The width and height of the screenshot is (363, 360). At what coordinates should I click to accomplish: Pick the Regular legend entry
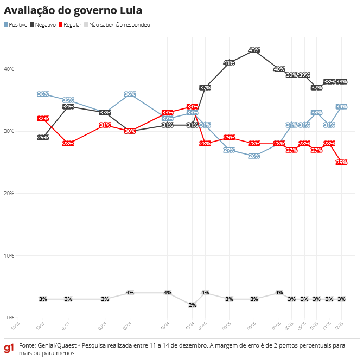point(73,25)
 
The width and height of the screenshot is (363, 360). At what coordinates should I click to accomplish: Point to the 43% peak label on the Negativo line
point(254,50)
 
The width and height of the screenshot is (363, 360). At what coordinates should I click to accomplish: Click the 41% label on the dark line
point(229,63)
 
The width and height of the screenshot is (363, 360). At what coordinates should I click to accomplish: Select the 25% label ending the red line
point(341,162)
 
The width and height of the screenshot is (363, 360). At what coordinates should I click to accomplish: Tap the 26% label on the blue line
point(254,156)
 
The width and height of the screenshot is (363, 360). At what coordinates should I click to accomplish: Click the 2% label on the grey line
point(192,305)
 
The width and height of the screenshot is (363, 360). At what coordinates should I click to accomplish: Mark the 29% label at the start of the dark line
point(43,138)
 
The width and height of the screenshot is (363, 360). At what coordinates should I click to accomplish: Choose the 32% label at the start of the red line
point(43,119)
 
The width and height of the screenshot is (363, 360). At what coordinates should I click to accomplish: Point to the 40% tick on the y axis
point(9,69)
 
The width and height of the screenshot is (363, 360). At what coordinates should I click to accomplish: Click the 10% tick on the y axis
point(9,255)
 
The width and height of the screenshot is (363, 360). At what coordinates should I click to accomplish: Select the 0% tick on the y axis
point(10,318)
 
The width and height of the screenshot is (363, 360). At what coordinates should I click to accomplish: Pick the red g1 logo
point(9,348)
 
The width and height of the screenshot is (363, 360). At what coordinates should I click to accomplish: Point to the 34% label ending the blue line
point(341,106)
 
